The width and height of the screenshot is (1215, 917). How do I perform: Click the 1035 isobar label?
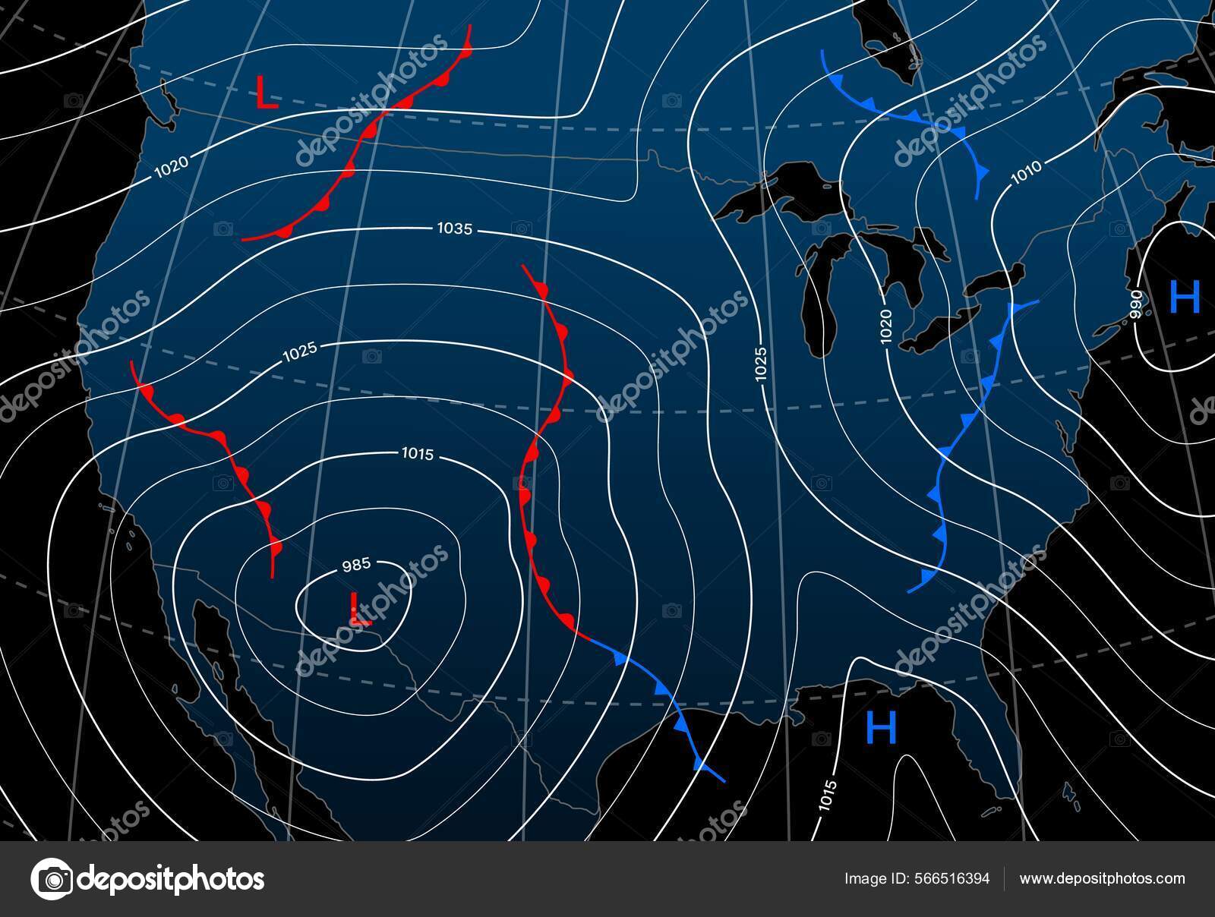click(455, 228)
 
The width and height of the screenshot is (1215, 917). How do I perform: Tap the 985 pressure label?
click(355, 565)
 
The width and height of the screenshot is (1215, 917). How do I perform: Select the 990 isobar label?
click(1136, 304)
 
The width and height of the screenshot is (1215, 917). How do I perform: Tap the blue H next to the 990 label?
click(1185, 297)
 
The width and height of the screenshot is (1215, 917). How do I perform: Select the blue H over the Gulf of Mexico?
click(881, 729)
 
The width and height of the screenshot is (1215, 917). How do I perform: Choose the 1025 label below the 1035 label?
click(299, 352)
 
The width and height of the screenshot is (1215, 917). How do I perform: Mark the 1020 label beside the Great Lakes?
click(887, 326)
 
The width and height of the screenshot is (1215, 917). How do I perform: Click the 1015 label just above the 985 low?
click(416, 455)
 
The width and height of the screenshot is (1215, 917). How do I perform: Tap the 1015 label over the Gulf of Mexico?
click(828, 798)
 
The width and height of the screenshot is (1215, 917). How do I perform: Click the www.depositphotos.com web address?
click(1102, 879)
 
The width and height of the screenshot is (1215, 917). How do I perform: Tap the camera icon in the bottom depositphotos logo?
click(52, 879)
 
